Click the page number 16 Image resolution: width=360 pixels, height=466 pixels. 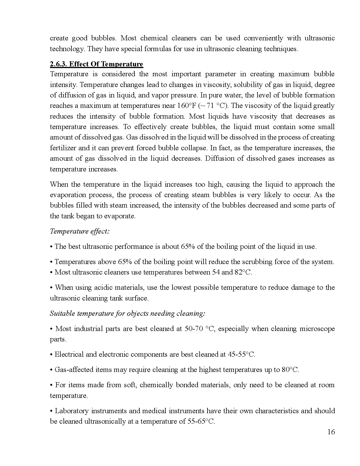pos(331,432)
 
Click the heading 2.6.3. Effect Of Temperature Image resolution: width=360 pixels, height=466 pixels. pos(97,64)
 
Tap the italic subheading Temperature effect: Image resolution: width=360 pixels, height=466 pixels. pos(80,231)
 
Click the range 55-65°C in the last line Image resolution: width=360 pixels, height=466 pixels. pos(201,422)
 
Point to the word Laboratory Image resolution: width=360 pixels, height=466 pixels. pos(71,411)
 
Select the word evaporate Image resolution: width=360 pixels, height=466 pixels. pos(120,216)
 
